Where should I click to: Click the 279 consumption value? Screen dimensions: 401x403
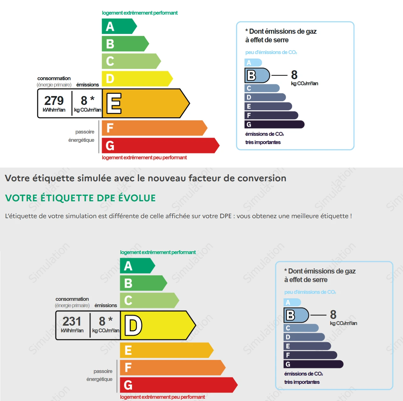pos(54,100)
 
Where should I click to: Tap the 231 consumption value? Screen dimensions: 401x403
pos(72,321)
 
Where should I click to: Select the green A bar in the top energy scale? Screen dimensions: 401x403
pos(118,26)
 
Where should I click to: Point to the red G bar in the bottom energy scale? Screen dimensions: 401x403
pos(178,385)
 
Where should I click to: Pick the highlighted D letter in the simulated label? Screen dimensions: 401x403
pos(133,325)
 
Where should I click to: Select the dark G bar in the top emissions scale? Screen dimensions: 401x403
pos(274,124)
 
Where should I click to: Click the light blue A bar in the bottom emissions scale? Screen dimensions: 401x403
pos(292,302)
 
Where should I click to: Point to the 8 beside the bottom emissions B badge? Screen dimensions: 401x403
pos(333,315)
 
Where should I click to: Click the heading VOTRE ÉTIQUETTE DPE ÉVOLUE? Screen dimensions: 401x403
pos(80,198)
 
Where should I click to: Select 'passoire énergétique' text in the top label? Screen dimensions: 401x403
pos(82,136)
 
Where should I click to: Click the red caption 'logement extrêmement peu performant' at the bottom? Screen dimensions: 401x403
pos(162,397)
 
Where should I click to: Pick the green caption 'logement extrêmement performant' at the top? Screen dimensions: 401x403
pos(140,13)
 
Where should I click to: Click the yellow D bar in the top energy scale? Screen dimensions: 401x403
pos(137,79)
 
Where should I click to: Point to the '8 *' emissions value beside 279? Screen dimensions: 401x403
pos(87,100)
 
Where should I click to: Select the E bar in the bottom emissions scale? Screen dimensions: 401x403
pos(307,346)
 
